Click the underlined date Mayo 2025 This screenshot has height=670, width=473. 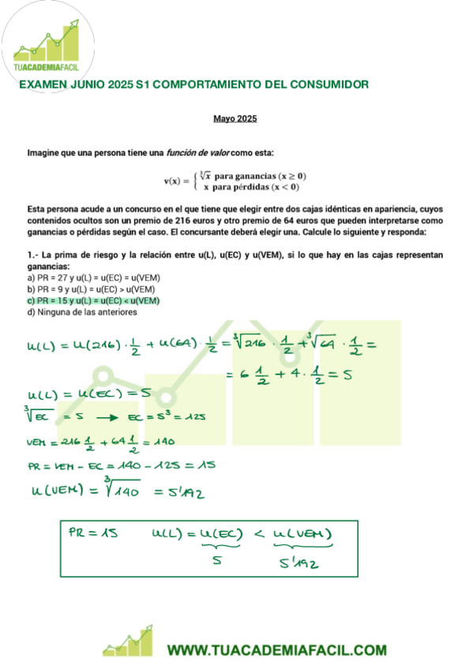coord(235,119)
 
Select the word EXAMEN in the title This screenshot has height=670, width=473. coord(45,84)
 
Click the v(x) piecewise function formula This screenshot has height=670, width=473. coord(235,181)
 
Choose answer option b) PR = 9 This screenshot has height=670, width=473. coord(90,289)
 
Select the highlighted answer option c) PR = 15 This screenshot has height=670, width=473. coord(93,300)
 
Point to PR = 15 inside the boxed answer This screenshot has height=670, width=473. coord(93,534)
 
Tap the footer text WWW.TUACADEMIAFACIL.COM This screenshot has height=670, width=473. coord(276,650)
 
